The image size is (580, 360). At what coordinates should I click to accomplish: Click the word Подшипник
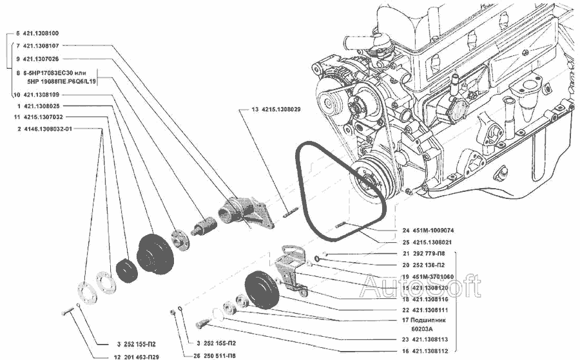pyautogui.click(x=438, y=319)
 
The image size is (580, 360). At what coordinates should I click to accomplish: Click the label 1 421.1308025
pyautogui.click(x=41, y=106)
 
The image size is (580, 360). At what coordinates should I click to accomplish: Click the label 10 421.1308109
pyautogui.click(x=41, y=95)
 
